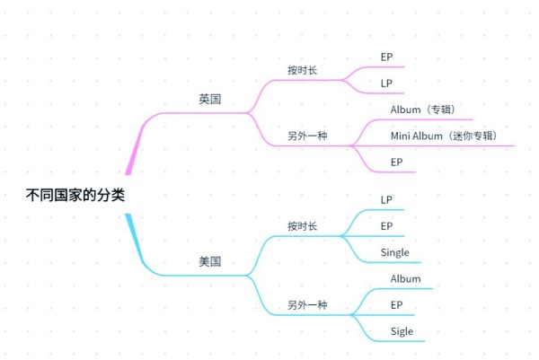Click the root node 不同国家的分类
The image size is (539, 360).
pos(75,195)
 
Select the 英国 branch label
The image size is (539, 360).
pos(209,100)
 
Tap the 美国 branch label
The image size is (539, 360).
pos(209,262)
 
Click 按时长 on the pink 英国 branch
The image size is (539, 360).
pos(302,70)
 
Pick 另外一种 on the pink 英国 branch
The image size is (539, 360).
pos(307,136)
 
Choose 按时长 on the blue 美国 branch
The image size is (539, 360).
pos(302,226)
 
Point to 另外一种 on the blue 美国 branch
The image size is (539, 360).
pos(307,305)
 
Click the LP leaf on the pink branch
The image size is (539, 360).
pos(386,83)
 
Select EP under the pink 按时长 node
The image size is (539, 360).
pos(386,57)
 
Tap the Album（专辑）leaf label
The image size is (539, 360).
pos(424,110)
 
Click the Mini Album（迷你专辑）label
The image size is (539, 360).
pos(445,136)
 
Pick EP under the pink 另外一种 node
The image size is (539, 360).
pos(396,162)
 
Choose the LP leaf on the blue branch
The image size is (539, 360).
pos(386,200)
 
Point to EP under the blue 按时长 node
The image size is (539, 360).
pos(386,226)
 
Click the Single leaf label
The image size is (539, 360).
pos(395,253)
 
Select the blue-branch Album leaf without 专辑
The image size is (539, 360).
pos(406,278)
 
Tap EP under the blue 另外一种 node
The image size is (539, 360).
pos(396,305)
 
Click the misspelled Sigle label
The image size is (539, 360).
pos(402,332)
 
